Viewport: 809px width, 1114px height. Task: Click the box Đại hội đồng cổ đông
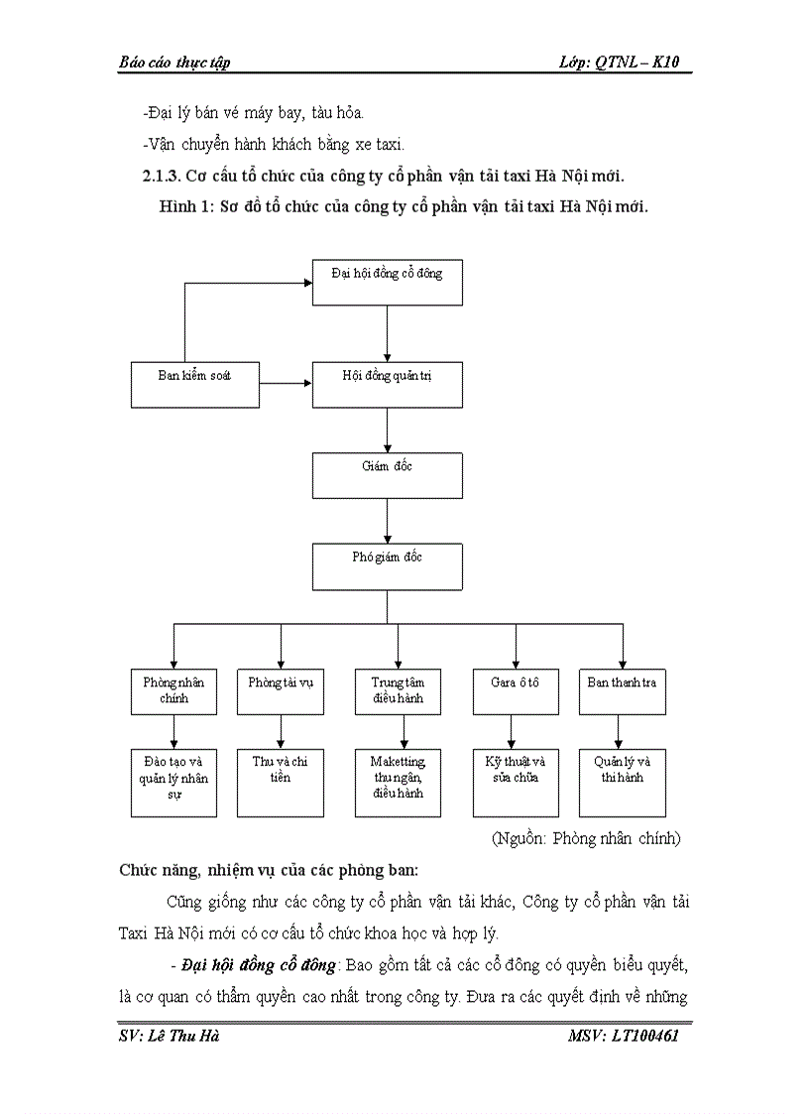(x=387, y=282)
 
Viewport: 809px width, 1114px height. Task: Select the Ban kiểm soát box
(x=195, y=384)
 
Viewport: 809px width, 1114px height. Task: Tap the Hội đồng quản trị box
(x=387, y=384)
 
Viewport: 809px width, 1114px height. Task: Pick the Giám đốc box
(x=387, y=475)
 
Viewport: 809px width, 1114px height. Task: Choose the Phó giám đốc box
(x=387, y=566)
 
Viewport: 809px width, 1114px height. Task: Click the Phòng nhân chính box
(x=173, y=691)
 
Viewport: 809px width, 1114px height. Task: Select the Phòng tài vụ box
(x=281, y=691)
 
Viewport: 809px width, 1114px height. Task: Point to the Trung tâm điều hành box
(x=398, y=691)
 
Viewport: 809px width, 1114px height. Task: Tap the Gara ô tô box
(x=515, y=691)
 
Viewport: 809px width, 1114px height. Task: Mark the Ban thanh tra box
(x=622, y=691)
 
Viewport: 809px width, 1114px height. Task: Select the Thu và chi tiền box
(x=281, y=782)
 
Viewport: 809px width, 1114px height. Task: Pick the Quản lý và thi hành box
(x=622, y=782)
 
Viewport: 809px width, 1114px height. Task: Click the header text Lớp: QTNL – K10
(x=625, y=62)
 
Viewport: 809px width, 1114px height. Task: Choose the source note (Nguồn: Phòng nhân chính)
(x=586, y=838)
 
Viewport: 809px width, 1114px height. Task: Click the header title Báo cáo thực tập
(x=174, y=62)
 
